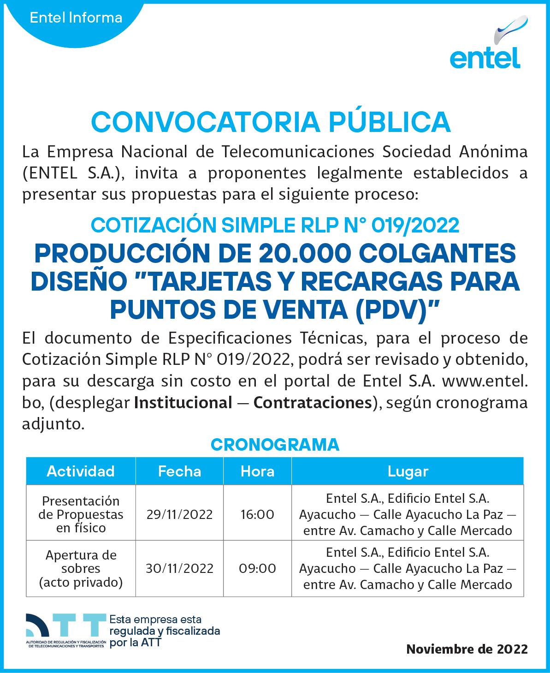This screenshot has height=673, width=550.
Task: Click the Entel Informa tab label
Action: pyautogui.click(x=76, y=18)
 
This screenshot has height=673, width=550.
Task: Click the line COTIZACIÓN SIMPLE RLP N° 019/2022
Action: pyautogui.click(x=275, y=225)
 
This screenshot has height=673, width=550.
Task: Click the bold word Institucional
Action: pyautogui.click(x=183, y=403)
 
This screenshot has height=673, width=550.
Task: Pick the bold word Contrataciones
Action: pyautogui.click(x=313, y=403)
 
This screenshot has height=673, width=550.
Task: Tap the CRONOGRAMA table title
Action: pyautogui.click(x=275, y=445)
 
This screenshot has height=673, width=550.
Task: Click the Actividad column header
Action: pyautogui.click(x=81, y=471)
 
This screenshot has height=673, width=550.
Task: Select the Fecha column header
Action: pyautogui.click(x=179, y=471)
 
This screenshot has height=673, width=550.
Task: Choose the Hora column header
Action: pyautogui.click(x=257, y=471)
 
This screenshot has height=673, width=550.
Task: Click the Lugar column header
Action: pyautogui.click(x=408, y=471)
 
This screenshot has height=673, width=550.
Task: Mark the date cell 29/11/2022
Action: pyautogui.click(x=179, y=514)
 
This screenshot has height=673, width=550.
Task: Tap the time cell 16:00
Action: pyautogui.click(x=257, y=514)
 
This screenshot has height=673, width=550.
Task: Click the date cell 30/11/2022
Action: pyautogui.click(x=179, y=568)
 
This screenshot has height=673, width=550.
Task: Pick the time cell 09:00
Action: pyautogui.click(x=257, y=568)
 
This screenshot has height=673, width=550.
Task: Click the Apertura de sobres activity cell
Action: pyautogui.click(x=81, y=568)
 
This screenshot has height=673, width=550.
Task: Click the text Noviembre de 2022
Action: pyautogui.click(x=467, y=649)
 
